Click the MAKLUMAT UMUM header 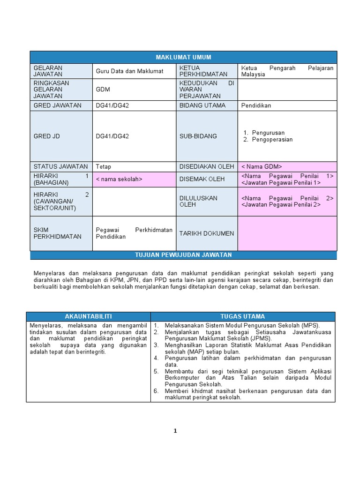183,57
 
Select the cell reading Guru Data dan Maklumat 129,71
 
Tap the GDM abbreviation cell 103,89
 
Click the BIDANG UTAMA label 202,105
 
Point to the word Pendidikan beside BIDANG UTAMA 256,105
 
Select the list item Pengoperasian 272,140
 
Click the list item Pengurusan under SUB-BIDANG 268,133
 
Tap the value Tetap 104,166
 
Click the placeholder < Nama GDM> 262,166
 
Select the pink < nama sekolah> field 119,179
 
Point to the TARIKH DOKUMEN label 206,233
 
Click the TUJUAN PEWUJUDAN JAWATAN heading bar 183,255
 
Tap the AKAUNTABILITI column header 88,316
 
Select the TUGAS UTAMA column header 242,316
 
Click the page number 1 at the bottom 175,431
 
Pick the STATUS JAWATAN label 60,166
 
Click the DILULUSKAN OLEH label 198,201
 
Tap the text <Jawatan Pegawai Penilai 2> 281,205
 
